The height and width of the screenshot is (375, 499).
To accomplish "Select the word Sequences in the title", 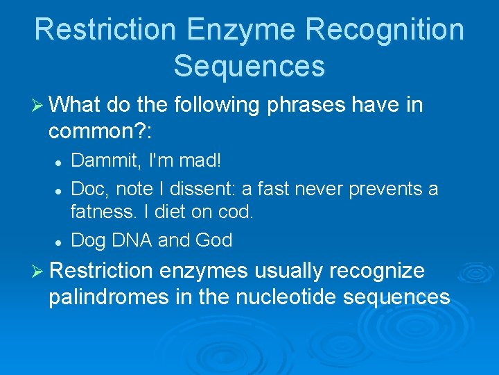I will (x=249, y=66).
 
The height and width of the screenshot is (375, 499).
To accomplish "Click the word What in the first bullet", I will (x=75, y=106).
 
